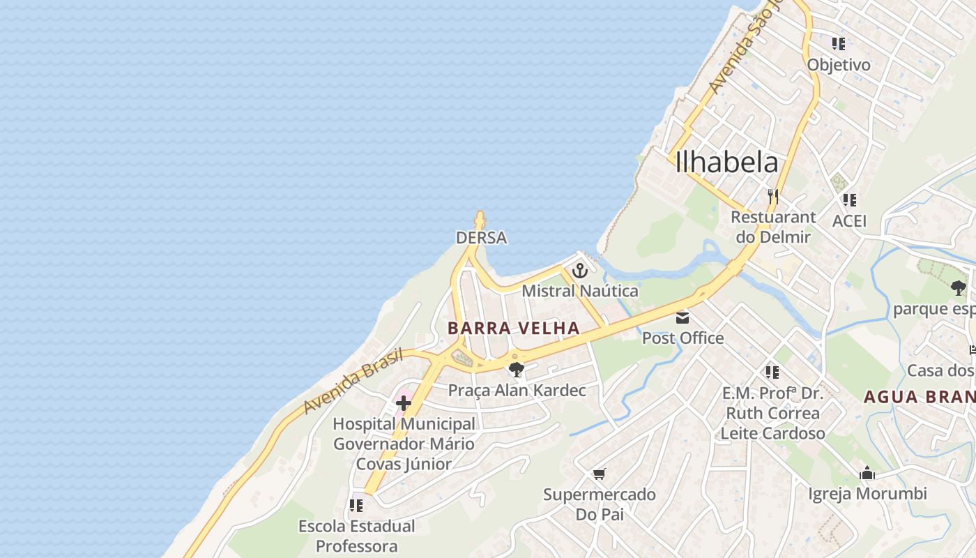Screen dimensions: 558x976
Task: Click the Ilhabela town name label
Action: tap(726, 162)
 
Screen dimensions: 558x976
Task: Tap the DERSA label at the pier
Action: tap(481, 238)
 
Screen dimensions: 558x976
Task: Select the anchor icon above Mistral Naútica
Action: tap(580, 270)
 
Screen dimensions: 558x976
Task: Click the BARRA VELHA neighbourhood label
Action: tap(514, 328)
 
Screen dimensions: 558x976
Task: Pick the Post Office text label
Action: tap(683, 338)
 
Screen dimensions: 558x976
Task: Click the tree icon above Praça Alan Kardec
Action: tap(516, 370)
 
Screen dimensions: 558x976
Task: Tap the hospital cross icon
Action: tap(404, 402)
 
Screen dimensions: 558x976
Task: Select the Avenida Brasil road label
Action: tap(353, 380)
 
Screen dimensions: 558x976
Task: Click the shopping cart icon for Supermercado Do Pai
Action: tap(599, 474)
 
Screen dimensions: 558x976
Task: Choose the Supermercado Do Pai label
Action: tap(600, 504)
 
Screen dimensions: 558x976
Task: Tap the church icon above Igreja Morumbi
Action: tap(867, 474)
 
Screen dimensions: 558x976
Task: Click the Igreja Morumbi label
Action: tap(867, 494)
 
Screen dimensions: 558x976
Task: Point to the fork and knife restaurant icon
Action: tap(772, 197)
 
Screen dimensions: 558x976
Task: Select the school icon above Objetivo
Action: tap(839, 44)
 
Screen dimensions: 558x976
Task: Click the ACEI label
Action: tap(850, 221)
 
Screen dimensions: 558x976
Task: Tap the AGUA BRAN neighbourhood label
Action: tap(919, 397)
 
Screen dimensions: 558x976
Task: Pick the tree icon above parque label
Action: tap(959, 287)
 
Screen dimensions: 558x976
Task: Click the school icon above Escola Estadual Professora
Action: tap(356, 505)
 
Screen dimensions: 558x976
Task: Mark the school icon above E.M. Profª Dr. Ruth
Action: tap(772, 372)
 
